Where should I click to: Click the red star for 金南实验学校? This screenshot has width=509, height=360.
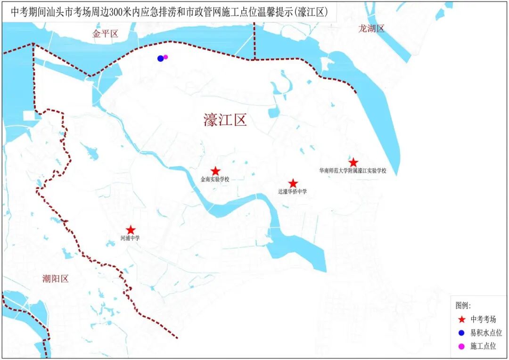(215, 171)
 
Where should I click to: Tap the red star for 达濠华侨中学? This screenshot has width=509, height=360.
(293, 183)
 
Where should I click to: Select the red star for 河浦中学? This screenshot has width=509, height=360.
(131, 230)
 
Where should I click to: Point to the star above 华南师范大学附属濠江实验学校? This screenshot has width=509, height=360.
(353, 163)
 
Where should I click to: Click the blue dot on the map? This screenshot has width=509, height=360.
(161, 58)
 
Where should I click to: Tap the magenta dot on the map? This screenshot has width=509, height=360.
(165, 57)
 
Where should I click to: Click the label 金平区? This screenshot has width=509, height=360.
(105, 33)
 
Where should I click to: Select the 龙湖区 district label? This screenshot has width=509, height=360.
(371, 28)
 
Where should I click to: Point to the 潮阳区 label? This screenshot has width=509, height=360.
(55, 278)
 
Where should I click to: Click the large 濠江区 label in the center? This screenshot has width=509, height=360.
(225, 120)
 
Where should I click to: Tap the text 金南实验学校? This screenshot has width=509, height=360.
(214, 180)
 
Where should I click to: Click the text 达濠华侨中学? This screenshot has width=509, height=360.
(292, 192)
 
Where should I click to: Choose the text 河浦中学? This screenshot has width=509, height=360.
(130, 238)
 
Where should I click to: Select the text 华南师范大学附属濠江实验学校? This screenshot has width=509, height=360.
(353, 171)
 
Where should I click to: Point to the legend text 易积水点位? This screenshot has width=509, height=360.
(486, 333)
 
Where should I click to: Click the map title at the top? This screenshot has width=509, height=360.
(169, 12)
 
